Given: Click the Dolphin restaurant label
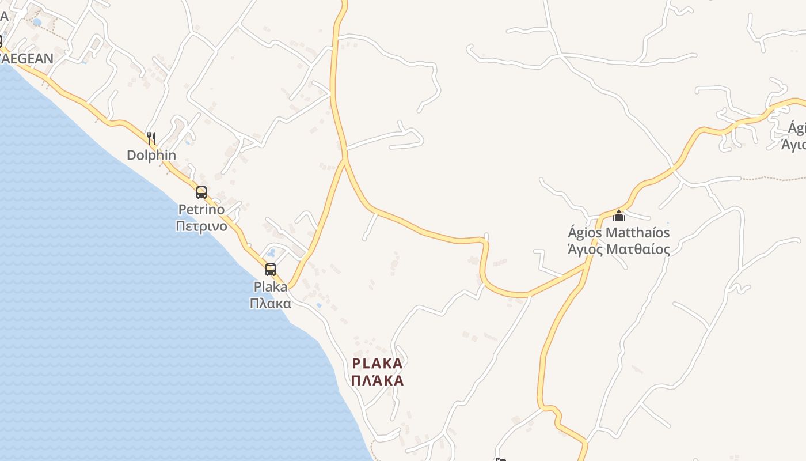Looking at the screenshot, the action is (151, 155).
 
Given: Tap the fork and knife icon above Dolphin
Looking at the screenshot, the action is (151, 138).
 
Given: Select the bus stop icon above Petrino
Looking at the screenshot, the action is (201, 192).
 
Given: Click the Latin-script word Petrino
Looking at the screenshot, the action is (201, 209).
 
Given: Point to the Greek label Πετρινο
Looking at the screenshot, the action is (201, 226).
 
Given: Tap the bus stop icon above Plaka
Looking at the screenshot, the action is (271, 269).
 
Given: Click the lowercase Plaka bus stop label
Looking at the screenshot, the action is (271, 286).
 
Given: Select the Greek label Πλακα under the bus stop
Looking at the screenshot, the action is (271, 303).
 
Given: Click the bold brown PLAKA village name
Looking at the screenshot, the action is (377, 364).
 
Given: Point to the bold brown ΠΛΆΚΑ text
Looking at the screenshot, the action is (377, 380).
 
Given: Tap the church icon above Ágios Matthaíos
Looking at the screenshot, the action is (619, 216).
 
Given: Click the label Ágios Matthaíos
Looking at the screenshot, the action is (619, 233).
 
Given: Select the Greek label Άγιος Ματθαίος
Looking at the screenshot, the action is (619, 250).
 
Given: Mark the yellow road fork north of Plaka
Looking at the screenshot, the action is (345, 160).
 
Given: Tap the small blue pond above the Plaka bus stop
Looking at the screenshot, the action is (271, 252).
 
